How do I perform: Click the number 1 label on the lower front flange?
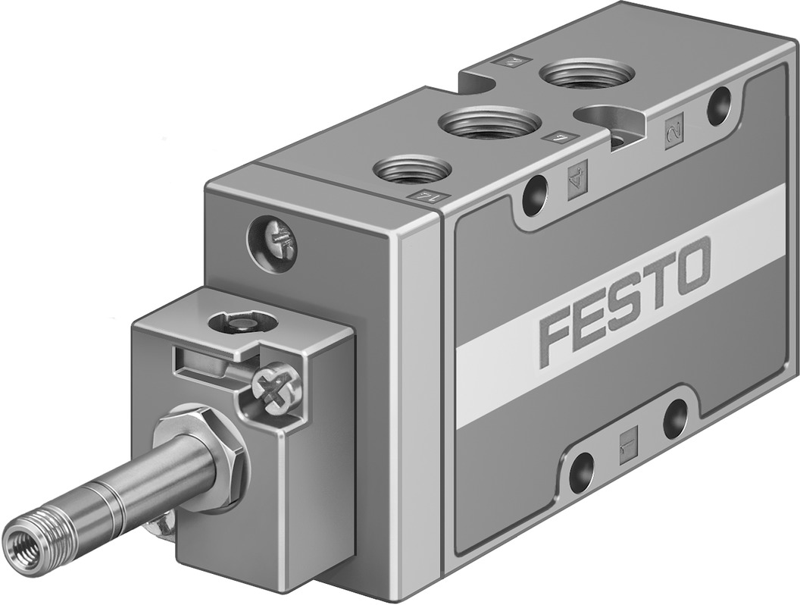point(627,439)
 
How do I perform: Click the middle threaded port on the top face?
point(491,121)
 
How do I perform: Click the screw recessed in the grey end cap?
point(272,244)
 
